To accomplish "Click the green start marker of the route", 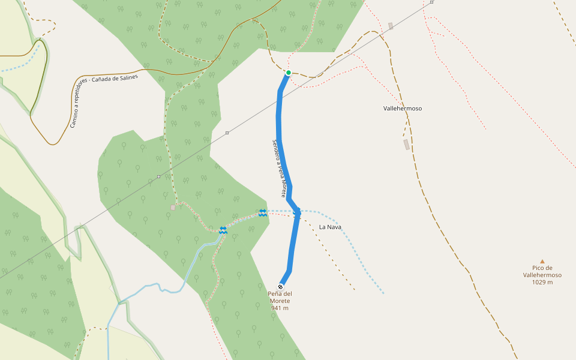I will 289,73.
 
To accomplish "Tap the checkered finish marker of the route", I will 281,287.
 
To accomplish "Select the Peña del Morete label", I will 280,297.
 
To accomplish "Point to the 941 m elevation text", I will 280,308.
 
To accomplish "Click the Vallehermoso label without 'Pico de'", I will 403,109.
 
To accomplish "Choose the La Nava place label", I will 330,227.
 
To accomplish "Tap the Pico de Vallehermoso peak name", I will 542,272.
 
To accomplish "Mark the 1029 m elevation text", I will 542,283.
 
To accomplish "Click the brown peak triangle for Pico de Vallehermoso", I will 542,262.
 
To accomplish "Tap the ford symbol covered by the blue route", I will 297,211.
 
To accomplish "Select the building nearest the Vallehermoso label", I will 406,145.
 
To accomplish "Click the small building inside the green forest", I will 173,208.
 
